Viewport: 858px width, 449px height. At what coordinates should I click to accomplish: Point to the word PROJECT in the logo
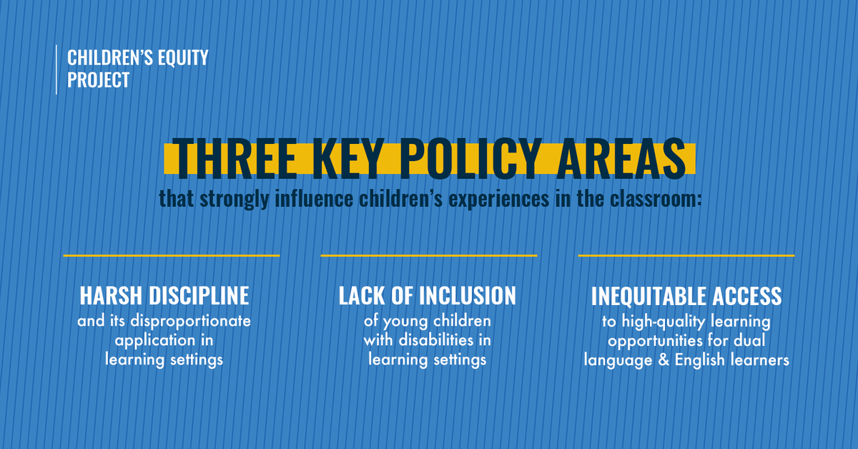99,80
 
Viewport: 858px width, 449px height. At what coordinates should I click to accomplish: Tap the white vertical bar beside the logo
56,69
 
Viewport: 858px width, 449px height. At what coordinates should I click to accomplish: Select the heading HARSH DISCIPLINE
164,296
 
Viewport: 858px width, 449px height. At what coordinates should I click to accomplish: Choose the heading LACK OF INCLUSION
428,296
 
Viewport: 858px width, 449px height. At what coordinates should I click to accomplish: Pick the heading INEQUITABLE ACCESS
686,296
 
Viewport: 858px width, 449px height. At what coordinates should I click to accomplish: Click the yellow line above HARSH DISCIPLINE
171,255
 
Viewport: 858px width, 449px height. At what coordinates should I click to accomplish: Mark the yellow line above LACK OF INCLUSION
428,255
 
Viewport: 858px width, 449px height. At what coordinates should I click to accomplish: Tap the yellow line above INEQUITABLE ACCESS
686,255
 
